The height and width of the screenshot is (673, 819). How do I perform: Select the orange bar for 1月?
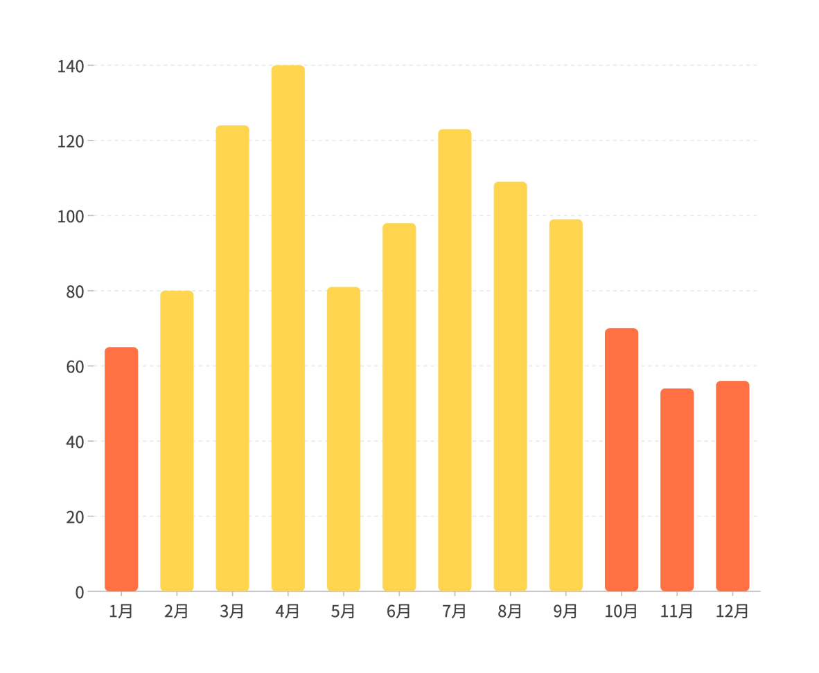coord(121,469)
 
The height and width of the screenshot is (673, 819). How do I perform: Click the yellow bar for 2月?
coord(177,441)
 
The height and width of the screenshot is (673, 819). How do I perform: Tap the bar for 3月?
coord(232,358)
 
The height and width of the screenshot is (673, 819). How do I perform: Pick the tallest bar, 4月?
coord(288,328)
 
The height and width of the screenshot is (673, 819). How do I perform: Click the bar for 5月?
coord(344,439)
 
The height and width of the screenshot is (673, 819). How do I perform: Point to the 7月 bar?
coord(455,360)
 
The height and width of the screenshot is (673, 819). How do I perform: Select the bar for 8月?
coord(510,386)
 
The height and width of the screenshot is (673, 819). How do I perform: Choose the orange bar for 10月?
coord(622,460)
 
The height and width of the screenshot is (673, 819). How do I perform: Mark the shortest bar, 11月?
coord(677,490)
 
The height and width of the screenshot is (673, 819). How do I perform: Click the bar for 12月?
coord(732,486)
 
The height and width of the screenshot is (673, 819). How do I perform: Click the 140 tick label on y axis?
coord(70,66)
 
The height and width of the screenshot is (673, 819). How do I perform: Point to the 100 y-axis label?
coord(70,217)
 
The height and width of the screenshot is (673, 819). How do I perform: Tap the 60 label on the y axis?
coord(74,367)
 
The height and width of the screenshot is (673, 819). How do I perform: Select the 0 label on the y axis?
coord(79,593)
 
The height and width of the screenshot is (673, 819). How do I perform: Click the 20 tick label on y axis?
coord(74,517)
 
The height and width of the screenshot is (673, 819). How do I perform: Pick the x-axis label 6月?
coord(399,612)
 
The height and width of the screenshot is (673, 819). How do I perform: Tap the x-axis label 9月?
coord(565,612)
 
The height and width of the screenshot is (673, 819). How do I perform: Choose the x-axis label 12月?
coord(732,612)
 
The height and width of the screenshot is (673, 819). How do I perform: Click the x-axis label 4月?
coord(288,612)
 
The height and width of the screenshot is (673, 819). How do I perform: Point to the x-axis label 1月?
coord(121,612)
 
